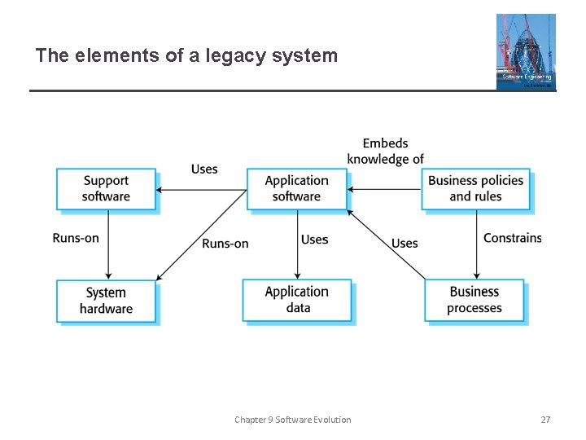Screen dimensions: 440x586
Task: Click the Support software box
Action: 106,189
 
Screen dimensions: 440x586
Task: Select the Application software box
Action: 297,189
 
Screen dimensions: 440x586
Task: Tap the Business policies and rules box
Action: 476,189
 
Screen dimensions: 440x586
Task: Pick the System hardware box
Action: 106,301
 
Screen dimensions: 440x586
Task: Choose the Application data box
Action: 297,300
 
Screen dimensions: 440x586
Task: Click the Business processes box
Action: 474,300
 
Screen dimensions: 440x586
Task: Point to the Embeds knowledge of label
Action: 385,152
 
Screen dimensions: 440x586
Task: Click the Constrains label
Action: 512,238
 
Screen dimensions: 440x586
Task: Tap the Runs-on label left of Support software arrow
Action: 76,238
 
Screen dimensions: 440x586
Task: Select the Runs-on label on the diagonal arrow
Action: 225,244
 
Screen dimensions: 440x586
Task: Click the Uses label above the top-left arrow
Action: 204,169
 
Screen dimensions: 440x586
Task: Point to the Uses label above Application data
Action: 314,240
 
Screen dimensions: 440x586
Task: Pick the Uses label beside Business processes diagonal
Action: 405,243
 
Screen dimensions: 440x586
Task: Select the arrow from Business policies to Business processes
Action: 477,244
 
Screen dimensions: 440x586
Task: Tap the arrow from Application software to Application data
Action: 298,244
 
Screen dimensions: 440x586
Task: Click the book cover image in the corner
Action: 526,51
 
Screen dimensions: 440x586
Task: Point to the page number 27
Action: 545,420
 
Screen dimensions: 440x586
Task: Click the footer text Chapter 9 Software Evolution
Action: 293,420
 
